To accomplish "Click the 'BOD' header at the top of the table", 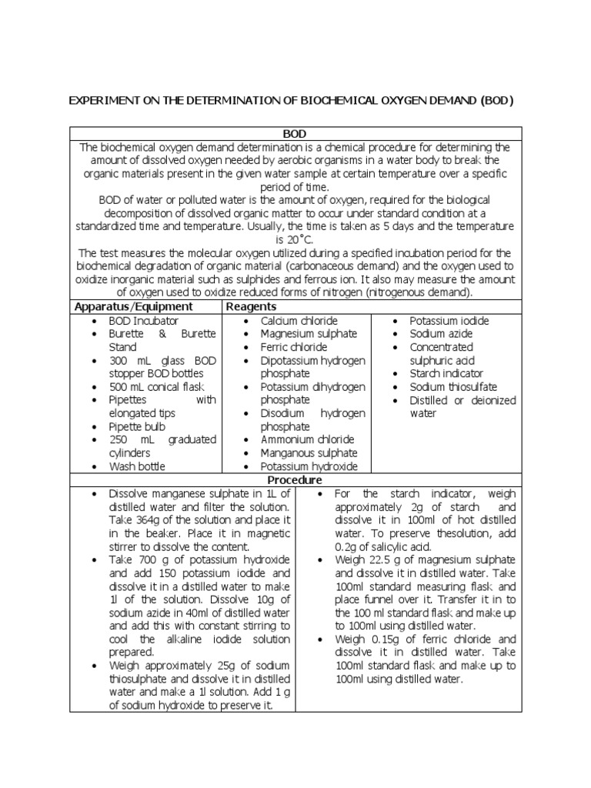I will (295, 134).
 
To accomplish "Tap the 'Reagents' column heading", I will (250, 306).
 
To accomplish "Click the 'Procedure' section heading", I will (295, 479).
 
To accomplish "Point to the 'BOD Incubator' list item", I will (143, 320).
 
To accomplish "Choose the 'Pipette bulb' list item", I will (137, 426).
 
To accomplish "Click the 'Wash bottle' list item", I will (136, 466).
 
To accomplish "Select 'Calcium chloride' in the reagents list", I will (299, 320).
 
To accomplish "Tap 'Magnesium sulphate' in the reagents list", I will (309, 334).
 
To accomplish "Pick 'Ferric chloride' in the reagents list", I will (294, 347).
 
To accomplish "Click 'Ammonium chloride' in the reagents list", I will (307, 439).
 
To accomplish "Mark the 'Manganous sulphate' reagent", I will (309, 453).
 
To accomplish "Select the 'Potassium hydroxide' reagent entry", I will (309, 466).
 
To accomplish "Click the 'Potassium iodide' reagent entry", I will (449, 320).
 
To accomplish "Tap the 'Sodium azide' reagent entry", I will (441, 334).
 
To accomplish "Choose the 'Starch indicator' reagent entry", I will (447, 373).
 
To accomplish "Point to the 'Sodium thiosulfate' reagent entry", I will (453, 387).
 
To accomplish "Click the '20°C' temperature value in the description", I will (295, 240).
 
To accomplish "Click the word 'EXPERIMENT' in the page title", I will (101, 101).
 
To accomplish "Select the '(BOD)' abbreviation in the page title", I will (497, 101).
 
